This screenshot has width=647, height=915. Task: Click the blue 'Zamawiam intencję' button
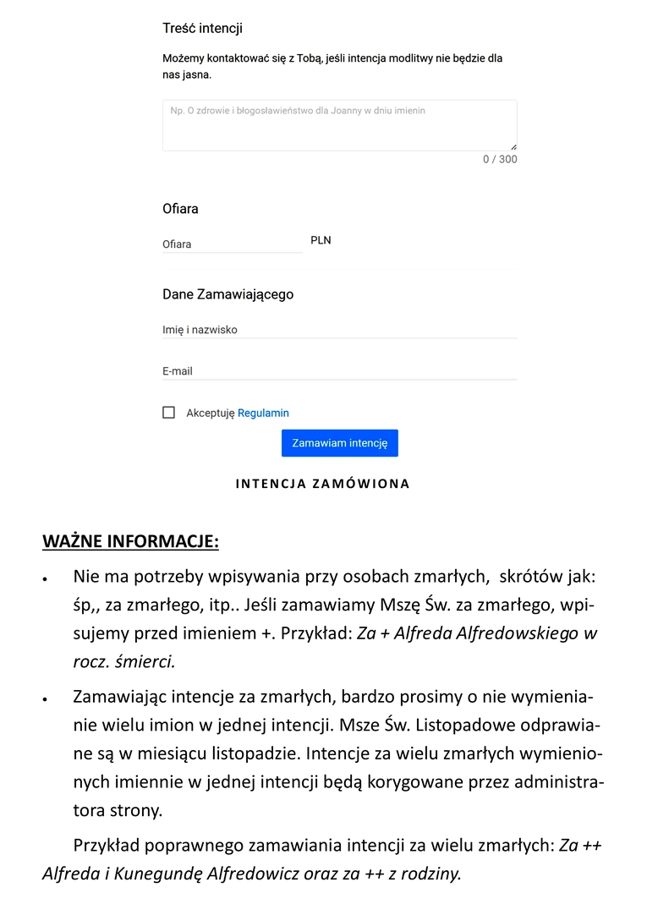[339, 443]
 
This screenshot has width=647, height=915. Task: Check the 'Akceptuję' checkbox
[169, 413]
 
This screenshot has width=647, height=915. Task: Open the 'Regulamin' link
[263, 414]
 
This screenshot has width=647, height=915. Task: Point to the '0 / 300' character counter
[500, 160]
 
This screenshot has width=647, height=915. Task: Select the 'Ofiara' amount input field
[232, 244]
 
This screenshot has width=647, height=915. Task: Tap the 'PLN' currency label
[321, 240]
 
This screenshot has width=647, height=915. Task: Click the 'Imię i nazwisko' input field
[339, 330]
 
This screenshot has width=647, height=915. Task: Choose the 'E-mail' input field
[339, 371]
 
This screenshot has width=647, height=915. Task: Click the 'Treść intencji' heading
[202, 29]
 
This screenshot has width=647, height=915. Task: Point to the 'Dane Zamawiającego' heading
[228, 294]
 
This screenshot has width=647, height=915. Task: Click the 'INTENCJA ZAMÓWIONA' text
[322, 485]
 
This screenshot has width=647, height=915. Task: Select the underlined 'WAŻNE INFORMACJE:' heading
[130, 541]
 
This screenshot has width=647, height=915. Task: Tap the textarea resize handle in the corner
[513, 147]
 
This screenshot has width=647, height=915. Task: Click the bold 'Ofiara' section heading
[180, 209]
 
